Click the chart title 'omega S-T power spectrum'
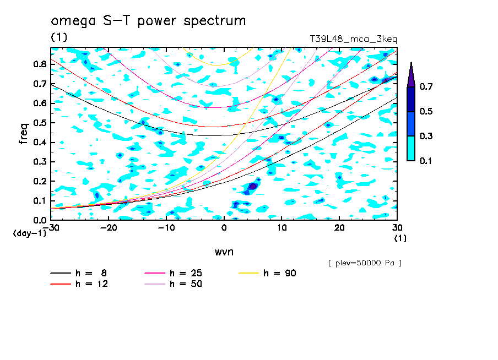pos(148,21)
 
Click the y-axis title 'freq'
pos(23,134)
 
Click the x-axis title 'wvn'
pos(224,252)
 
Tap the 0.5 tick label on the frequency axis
pos(40,123)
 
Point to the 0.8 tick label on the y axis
pos(40,64)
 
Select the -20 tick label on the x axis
pos(109,228)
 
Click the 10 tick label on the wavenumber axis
pos(282,228)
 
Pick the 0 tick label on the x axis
pos(224,228)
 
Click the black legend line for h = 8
pos(61,273)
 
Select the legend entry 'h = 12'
pos(79,284)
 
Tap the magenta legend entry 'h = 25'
pos(174,273)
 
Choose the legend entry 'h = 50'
pos(174,284)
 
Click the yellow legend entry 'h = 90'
pos(267,273)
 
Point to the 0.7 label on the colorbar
pos(426,86)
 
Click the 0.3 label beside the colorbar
pos(426,136)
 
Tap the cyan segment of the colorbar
pos(411,149)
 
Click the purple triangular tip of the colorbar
pos(412,75)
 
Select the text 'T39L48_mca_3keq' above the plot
pos(354,39)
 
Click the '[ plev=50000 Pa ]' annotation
pos(365,263)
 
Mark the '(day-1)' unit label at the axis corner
pos(30,233)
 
